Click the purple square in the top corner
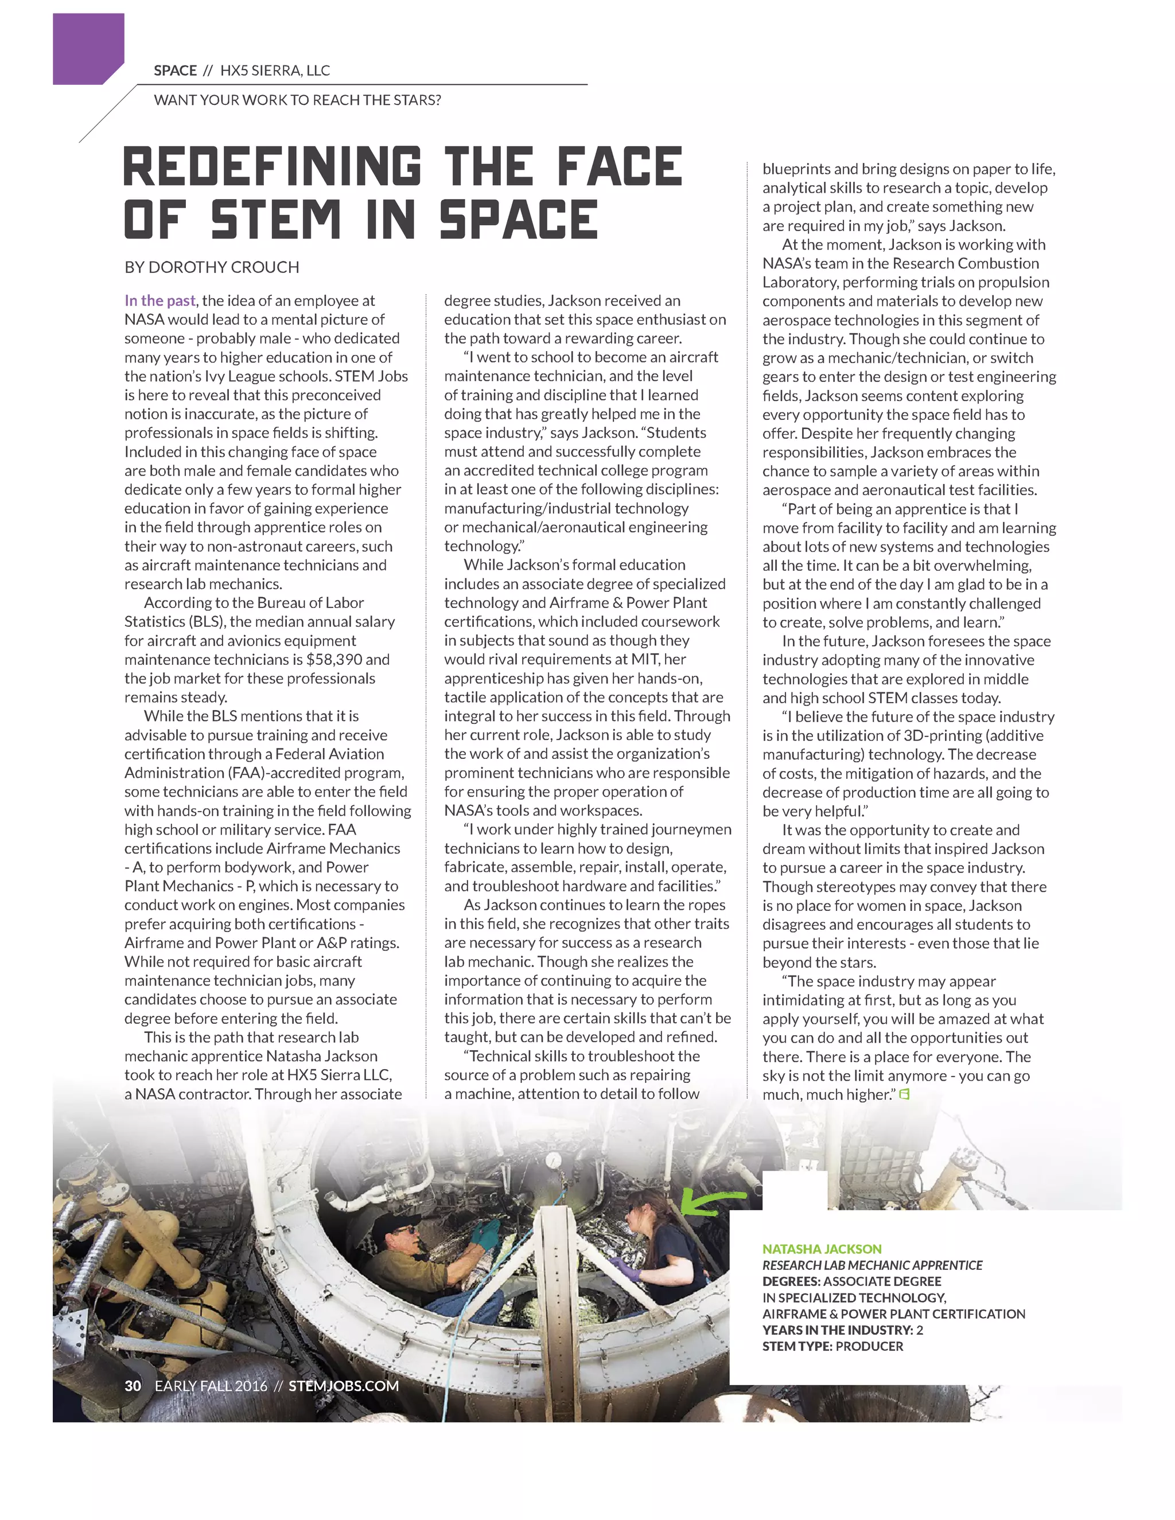[88, 48]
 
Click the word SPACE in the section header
[176, 71]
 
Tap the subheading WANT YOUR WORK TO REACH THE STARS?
[297, 100]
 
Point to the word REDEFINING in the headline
[272, 167]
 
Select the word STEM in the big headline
[275, 219]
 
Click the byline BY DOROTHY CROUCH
[212, 267]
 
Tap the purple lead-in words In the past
[159, 301]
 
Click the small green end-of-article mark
[904, 1094]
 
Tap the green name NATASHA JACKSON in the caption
[822, 1249]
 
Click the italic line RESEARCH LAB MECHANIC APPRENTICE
[872, 1265]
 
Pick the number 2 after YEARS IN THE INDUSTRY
[920, 1330]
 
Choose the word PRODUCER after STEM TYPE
[869, 1346]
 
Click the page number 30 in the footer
[133, 1386]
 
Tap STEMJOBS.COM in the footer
[343, 1386]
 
